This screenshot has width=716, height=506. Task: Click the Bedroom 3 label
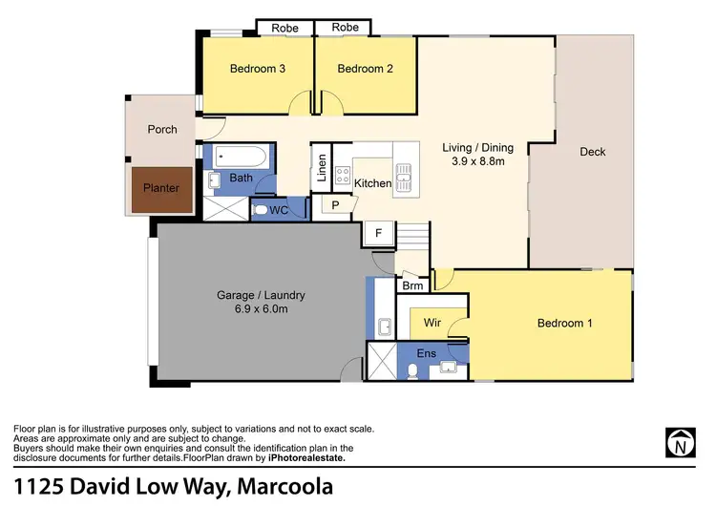[x=258, y=69]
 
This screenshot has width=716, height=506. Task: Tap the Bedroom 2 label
[x=365, y=69]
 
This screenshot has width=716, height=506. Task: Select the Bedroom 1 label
[x=565, y=324]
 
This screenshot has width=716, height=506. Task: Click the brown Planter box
[x=161, y=188]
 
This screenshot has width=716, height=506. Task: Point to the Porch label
[x=162, y=129]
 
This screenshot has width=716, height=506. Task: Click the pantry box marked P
[x=335, y=204]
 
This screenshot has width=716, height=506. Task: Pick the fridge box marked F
[x=377, y=232]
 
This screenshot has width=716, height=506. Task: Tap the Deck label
[x=592, y=152]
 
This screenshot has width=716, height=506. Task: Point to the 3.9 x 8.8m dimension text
[x=477, y=162]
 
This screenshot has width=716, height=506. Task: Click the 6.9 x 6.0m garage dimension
[x=260, y=309]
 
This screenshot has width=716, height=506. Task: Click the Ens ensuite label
[x=427, y=354]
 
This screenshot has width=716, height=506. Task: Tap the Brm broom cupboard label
[x=412, y=285]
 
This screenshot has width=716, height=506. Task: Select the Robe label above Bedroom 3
[x=284, y=28]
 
